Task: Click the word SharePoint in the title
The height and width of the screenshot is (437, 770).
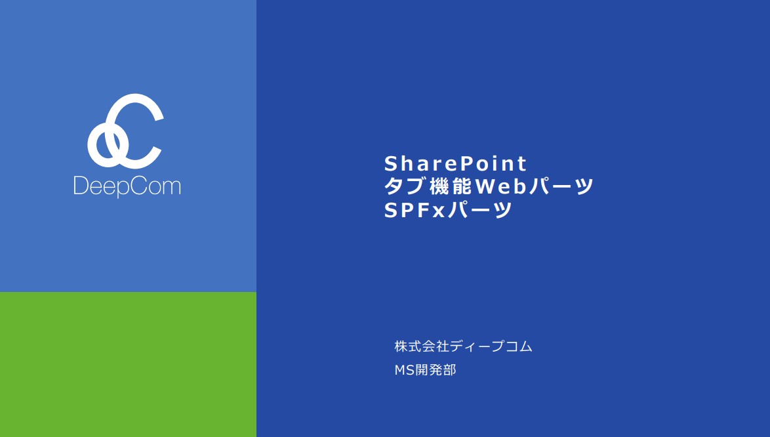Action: coord(455,163)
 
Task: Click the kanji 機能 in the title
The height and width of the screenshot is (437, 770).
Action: coord(451,186)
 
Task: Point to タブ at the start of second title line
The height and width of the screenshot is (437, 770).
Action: coord(405,186)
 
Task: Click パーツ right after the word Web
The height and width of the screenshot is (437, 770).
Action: coord(560,186)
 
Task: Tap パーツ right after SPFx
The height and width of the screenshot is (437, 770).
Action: coord(480,210)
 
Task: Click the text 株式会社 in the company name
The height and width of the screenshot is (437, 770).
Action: coord(421,346)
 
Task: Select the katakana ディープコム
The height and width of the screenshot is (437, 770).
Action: coord(491,346)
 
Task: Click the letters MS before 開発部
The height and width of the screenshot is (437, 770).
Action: coord(405,369)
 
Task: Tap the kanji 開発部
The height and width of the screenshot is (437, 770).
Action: coord(436,369)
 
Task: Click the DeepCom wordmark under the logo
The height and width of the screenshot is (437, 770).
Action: coord(127,186)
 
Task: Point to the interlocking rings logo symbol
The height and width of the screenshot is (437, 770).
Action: coord(125,131)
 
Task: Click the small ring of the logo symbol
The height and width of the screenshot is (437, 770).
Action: coord(104,143)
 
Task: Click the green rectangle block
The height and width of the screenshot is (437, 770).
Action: coord(128,364)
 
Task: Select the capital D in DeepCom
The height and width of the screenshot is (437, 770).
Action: coord(81,186)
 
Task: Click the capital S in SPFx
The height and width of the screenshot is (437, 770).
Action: coord(391,210)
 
